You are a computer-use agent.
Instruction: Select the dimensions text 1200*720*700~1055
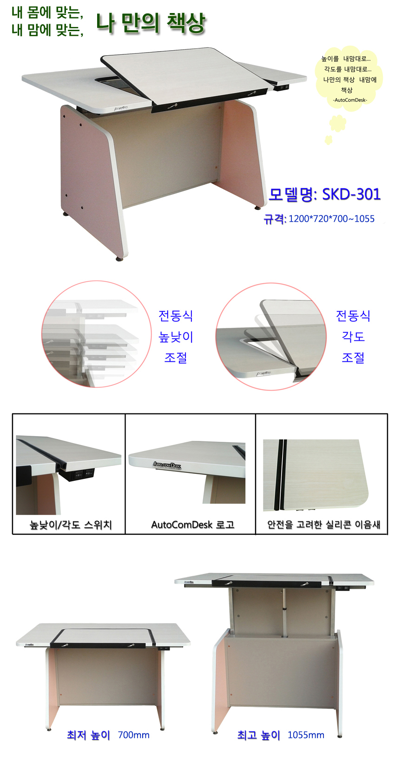[331, 219]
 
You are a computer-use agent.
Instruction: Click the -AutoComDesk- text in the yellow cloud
[350, 100]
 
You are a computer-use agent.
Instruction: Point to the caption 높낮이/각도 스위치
[71, 525]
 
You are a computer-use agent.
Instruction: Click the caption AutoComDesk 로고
[193, 525]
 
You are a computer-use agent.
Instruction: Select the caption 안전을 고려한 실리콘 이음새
[323, 525]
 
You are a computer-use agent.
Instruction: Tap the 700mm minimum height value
[134, 735]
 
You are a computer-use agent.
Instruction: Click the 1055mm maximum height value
[306, 735]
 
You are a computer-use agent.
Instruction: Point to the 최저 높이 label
[88, 735]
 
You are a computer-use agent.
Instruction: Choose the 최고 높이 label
[258, 735]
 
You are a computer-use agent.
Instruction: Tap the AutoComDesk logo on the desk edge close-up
[167, 465]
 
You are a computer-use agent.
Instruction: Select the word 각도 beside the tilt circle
[353, 336]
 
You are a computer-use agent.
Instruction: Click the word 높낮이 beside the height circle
[176, 337]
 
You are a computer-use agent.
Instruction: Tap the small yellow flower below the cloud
[338, 123]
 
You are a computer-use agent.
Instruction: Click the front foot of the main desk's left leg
[119, 259]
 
